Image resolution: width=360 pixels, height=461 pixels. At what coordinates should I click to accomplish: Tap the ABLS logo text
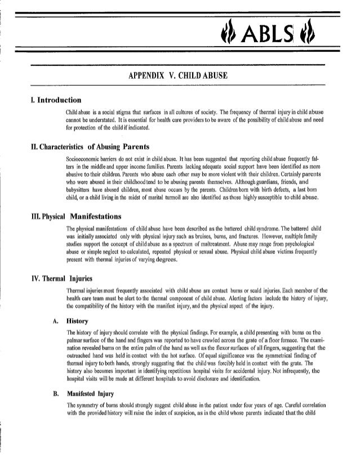click(x=293, y=37)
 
